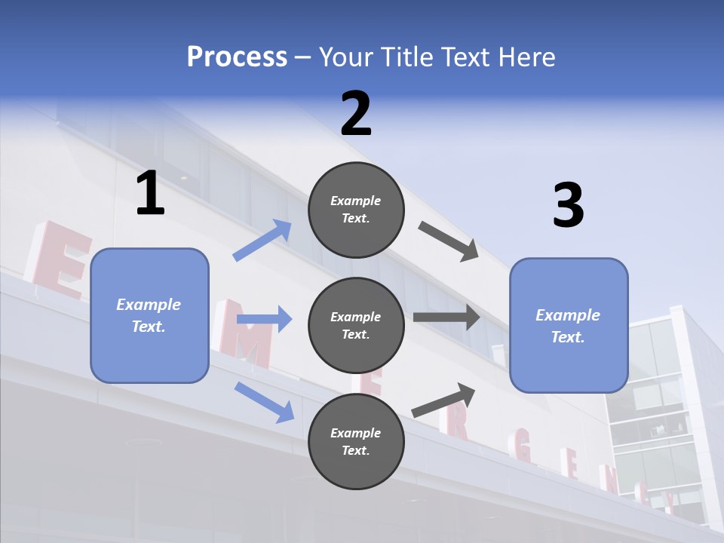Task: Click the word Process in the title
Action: point(237,57)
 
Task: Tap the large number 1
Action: point(150,194)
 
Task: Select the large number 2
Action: point(356,114)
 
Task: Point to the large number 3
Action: point(568,206)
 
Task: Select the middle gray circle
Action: point(356,325)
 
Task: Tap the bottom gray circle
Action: point(356,441)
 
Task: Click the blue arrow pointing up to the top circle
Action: point(262,241)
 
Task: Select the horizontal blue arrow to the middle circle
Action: point(264,319)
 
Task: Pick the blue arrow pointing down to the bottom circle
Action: point(264,401)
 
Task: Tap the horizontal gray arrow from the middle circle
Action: point(446,318)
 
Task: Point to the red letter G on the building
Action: point(521,452)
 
